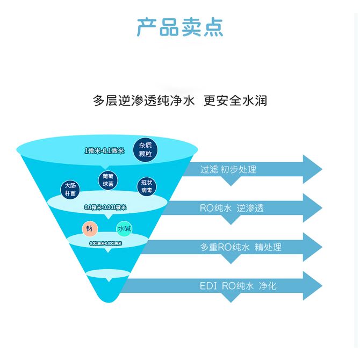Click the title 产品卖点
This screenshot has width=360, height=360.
pos(179,27)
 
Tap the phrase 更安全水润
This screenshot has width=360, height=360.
pos(235,100)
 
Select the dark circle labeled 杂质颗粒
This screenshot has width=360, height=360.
pos(145,149)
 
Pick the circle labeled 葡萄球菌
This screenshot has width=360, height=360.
pos(108,180)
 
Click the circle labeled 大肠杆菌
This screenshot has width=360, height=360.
pos(70,190)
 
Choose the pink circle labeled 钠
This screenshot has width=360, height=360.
pos(89,228)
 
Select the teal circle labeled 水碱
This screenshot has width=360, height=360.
pos(124,229)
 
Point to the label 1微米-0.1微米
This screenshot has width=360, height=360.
pos(104,151)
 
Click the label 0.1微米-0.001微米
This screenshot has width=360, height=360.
pos(105,207)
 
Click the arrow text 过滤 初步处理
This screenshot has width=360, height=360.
pos(228,170)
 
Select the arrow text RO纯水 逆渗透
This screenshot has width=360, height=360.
pos(232,208)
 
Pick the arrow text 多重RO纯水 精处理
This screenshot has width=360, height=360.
pos(241,247)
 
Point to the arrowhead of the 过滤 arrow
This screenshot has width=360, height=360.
pos(313,170)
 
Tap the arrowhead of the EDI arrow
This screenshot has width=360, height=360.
pos(313,286)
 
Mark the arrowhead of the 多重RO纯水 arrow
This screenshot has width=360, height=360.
pos(313,247)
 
